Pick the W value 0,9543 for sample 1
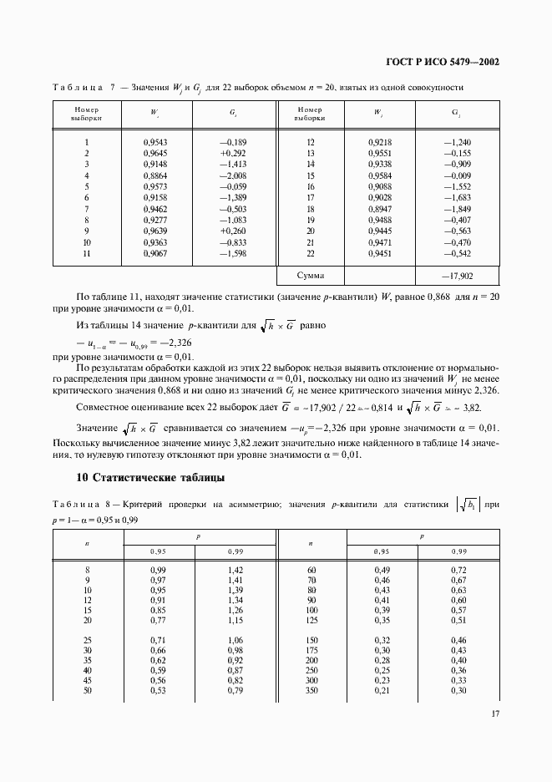click(155, 143)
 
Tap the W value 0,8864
click(155, 175)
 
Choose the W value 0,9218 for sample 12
click(379, 143)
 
